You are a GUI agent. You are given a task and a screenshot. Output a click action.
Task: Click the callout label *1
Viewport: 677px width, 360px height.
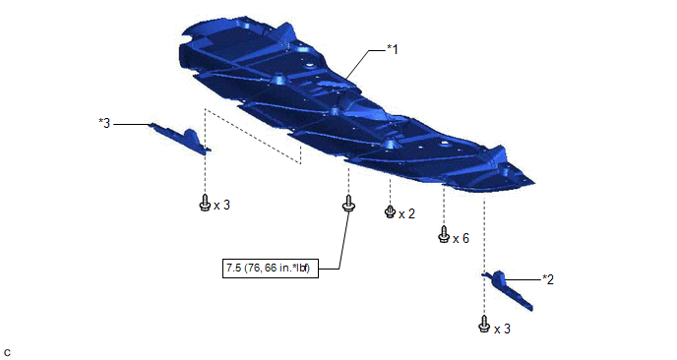[x=392, y=49]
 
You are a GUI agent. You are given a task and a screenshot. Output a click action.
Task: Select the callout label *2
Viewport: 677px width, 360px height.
[x=548, y=279]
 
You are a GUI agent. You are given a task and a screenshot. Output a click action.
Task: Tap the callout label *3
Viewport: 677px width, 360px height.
[x=104, y=124]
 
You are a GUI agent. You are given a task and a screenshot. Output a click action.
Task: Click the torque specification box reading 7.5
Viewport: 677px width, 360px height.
[x=271, y=269]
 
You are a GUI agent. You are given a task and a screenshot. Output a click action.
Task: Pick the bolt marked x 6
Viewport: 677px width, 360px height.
[x=444, y=234]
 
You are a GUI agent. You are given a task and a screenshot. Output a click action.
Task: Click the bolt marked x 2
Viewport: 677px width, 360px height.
[x=390, y=211]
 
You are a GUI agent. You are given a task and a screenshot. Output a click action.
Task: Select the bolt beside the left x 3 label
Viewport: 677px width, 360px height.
[x=205, y=203]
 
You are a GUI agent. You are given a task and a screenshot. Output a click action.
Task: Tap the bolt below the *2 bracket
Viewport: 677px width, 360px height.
[x=484, y=324]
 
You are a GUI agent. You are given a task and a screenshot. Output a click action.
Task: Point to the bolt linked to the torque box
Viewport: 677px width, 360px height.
[x=348, y=203]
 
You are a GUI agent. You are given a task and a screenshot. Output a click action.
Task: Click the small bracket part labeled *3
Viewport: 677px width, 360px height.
[x=181, y=138]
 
